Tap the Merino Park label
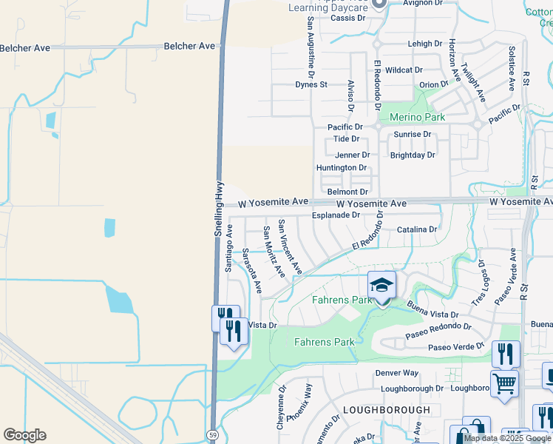(413, 118)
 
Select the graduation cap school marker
(381, 285)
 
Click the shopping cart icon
(504, 383)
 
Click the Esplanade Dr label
(335, 215)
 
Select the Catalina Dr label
(417, 229)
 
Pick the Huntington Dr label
(342, 168)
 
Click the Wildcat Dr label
(403, 70)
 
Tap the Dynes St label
(311, 84)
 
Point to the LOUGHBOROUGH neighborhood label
(386, 409)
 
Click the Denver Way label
(396, 373)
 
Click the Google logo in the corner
(24, 435)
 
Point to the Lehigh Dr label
(425, 44)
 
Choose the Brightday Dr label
(413, 155)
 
